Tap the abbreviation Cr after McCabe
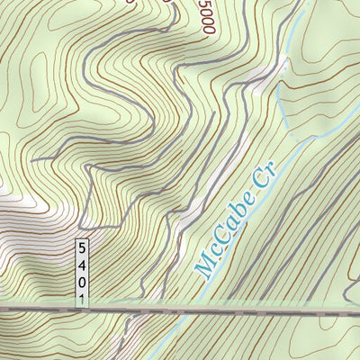262,184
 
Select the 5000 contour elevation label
204,17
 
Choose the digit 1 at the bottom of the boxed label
83,298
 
